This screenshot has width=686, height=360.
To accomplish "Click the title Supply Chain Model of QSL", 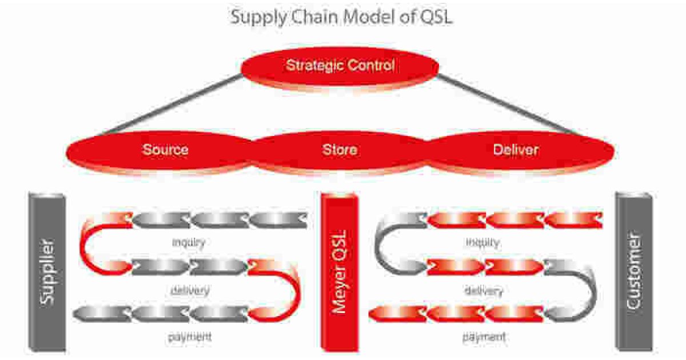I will pyautogui.click(x=342, y=17).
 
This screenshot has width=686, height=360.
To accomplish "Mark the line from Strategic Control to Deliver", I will pyautogui.click(x=509, y=106).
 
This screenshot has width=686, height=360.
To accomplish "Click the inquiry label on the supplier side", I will pyautogui.click(x=189, y=242).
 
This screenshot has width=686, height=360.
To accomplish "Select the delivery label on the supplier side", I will pyautogui.click(x=190, y=290).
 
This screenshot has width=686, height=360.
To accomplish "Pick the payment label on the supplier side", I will pyautogui.click(x=190, y=337).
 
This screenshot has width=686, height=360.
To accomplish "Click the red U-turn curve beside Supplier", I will pyautogui.click(x=91, y=243).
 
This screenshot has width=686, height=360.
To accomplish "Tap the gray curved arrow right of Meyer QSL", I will pyautogui.click(x=586, y=291).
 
